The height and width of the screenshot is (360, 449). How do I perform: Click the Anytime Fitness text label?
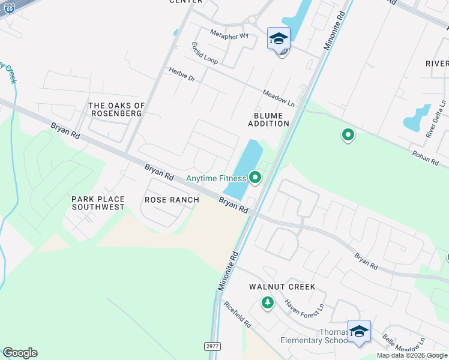click(216, 178)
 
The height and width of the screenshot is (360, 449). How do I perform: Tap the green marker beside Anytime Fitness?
click(255, 177)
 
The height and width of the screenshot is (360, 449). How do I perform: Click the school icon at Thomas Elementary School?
click(359, 331)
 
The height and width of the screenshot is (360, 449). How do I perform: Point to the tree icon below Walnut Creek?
click(267, 303)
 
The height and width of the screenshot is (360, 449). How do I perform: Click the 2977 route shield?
click(211, 346)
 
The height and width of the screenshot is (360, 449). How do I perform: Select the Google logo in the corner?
click(20, 353)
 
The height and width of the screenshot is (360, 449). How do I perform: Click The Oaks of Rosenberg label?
click(116, 109)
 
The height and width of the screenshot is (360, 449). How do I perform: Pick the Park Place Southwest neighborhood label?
click(98, 203)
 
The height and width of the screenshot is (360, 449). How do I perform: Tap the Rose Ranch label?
click(172, 200)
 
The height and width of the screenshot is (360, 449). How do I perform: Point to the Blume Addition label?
click(269, 119)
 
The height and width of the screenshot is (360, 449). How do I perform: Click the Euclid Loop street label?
click(205, 53)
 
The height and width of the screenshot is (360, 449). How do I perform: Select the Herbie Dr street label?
click(182, 74)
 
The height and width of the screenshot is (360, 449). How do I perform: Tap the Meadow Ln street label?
click(279, 98)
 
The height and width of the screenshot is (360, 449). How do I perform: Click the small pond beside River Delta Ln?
click(418, 118)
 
